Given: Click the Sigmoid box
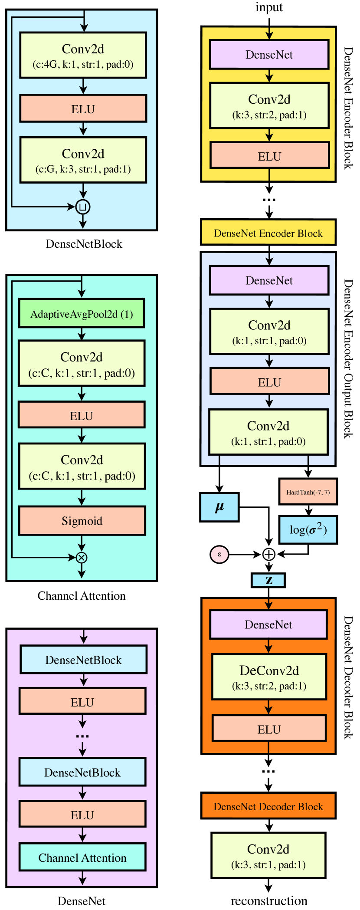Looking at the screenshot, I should point(82,521).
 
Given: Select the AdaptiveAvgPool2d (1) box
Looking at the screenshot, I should point(82,314).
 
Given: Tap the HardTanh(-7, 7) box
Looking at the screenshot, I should point(308,492).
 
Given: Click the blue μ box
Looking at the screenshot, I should point(219,507).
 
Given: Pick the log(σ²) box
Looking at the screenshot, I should point(308,530).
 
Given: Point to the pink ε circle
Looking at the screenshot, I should point(219,554).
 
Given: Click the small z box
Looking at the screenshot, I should point(268,580).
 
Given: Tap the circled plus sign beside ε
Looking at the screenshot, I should point(269,554).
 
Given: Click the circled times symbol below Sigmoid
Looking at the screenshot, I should point(82,558).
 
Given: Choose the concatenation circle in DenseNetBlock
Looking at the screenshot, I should point(83,207).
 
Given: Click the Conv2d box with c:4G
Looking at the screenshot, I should point(83,56).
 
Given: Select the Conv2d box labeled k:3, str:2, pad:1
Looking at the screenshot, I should point(269,106).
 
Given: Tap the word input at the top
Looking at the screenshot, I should point(269,7).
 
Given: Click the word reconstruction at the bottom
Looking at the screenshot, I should point(269,901).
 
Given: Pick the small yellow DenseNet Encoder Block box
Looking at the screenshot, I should point(268,233).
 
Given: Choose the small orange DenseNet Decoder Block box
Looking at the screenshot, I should point(268,806).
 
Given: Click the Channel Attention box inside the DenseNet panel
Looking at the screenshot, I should point(82,857).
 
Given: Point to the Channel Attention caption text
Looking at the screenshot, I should point(82,596).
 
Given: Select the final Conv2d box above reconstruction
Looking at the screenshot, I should point(268,855).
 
